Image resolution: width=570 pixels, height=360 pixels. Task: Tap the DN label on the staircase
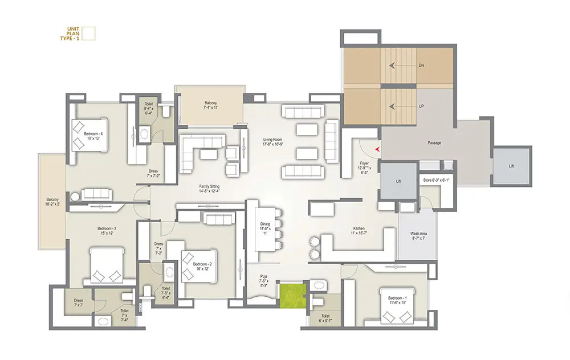[x=421, y=66]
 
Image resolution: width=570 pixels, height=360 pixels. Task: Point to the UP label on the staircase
[x=421, y=107]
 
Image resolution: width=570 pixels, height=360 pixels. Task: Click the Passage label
[x=434, y=143]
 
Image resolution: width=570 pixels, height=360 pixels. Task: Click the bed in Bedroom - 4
[x=88, y=135]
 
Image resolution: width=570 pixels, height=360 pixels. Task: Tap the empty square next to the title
[x=88, y=34]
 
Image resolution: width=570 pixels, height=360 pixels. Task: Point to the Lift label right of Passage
[x=511, y=166]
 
